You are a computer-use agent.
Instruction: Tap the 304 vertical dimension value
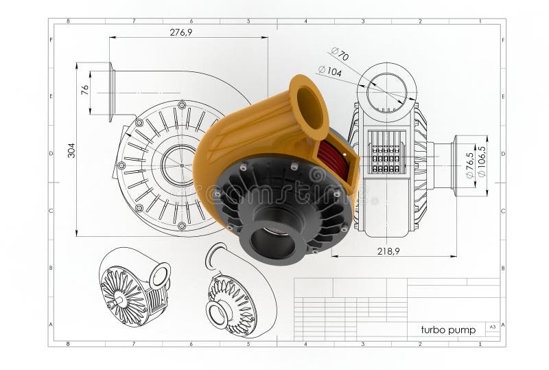point(71,150)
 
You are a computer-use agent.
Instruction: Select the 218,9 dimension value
point(388,251)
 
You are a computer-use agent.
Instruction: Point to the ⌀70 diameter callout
point(340,54)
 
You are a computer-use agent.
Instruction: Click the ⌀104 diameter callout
point(330,70)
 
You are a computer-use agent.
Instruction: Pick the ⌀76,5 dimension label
point(470,165)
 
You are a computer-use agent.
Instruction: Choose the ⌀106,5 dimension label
point(482,162)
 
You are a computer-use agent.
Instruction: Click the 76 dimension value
point(85,89)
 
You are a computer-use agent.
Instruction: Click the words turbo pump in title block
point(448,329)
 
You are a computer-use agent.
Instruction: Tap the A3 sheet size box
point(492,327)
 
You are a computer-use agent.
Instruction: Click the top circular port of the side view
point(386,89)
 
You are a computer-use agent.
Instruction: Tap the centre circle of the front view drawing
point(180,165)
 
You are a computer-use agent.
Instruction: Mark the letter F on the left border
point(51,40)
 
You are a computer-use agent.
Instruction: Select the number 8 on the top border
point(67,21)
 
